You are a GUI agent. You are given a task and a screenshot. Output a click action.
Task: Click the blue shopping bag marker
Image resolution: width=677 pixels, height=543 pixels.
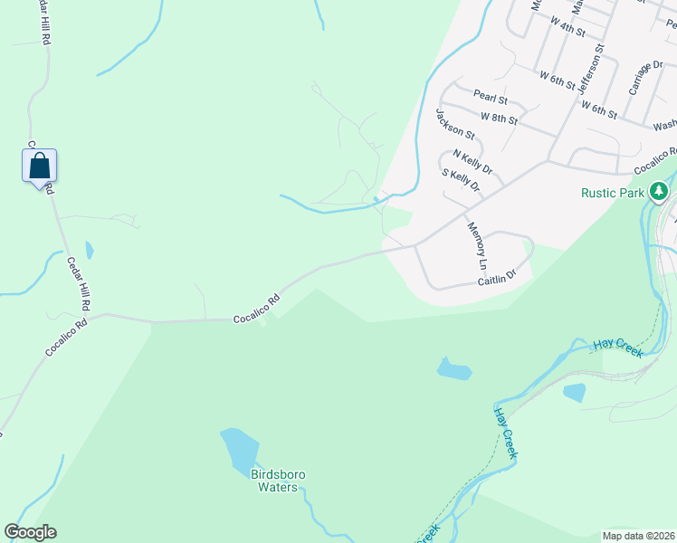point(39,167)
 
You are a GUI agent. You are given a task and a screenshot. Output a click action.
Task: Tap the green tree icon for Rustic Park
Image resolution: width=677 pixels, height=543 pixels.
point(661,191)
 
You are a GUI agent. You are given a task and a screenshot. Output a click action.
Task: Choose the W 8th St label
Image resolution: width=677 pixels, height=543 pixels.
point(500,118)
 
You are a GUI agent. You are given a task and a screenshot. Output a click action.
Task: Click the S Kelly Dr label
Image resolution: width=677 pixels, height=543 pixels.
point(460,180)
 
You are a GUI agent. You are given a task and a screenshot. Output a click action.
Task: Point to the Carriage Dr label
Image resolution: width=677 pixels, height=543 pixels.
point(640,80)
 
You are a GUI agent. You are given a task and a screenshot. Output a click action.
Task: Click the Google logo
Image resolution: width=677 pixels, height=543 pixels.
point(30,532)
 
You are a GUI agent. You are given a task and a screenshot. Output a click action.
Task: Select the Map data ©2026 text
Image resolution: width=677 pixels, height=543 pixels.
point(637,536)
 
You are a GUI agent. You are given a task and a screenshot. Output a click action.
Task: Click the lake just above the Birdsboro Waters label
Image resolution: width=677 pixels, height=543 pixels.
point(240,447)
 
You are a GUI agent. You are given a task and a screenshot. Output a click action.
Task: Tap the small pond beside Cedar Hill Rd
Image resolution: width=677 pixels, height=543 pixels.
point(89,250)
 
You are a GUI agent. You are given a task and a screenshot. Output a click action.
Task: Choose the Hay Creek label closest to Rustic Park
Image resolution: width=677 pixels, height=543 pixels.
point(618,348)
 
